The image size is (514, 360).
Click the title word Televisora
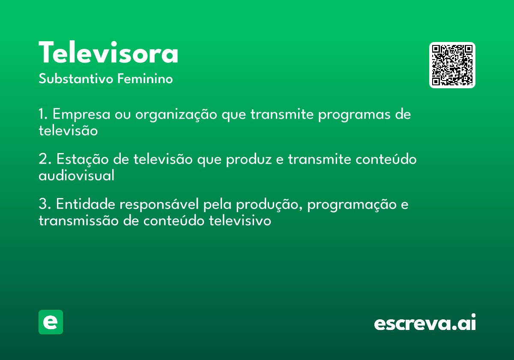(108, 52)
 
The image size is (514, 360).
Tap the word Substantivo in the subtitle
(76, 78)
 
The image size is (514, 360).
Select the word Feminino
(145, 78)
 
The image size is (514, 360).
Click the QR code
(452, 65)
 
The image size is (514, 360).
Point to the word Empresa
(81, 114)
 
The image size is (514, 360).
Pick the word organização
(176, 115)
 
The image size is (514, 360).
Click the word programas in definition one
(354, 115)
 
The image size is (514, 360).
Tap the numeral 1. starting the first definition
(43, 114)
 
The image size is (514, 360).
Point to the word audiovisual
(76, 175)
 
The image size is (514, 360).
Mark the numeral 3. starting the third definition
(45, 204)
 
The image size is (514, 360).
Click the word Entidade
(86, 204)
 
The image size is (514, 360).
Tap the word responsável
(159, 204)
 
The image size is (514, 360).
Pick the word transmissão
(78, 220)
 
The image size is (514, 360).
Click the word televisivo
(240, 220)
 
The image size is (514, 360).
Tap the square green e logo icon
(51, 322)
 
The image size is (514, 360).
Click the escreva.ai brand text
(425, 322)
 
